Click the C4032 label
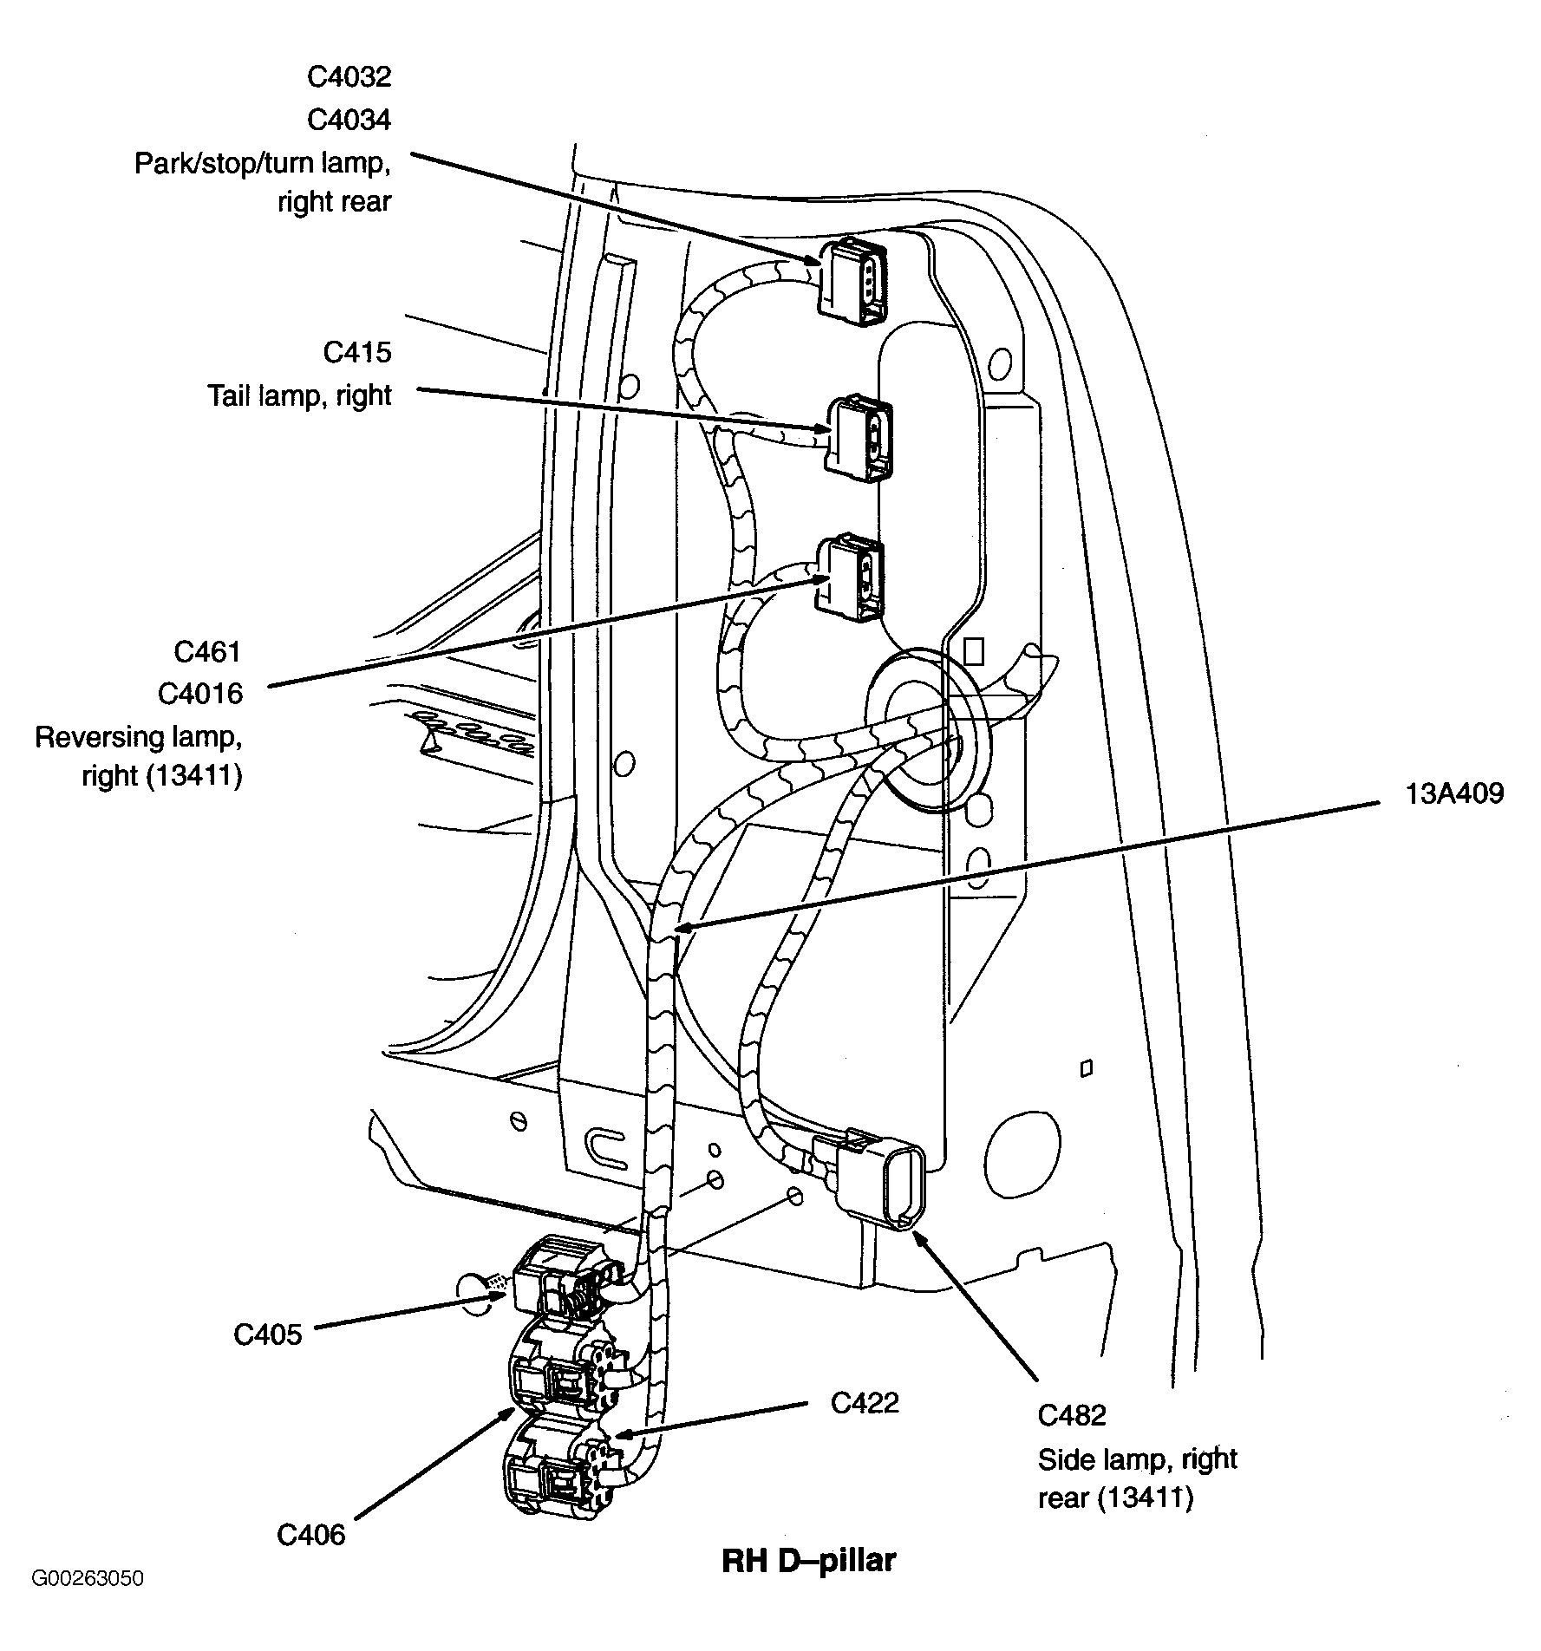coord(349,77)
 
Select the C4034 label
coord(349,120)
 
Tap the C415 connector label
coord(357,352)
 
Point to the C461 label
coord(207,651)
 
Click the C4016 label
coord(200,694)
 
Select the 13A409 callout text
coord(1454,793)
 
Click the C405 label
coord(267,1334)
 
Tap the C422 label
coord(864,1402)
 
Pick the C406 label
coord(310,1534)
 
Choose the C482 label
coord(1072,1415)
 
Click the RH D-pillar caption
coord(808,1561)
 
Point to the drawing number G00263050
coord(88,1602)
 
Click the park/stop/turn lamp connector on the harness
coord(853,282)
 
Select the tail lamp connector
coord(859,436)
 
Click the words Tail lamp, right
coord(299,395)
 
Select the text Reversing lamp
coord(138,736)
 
